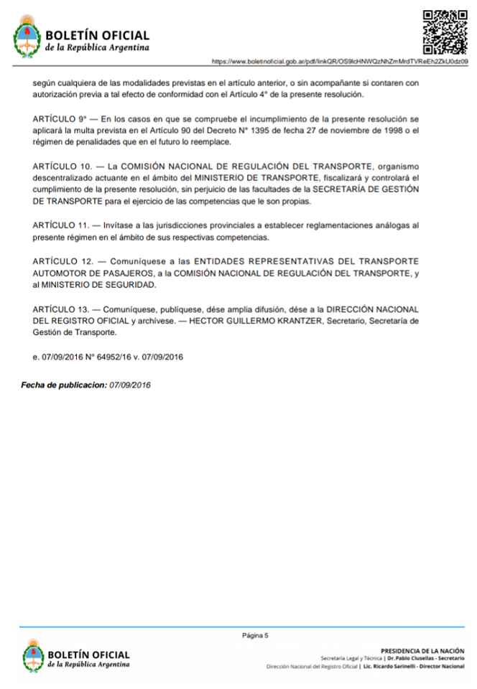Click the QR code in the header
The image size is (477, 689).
[x=445, y=33]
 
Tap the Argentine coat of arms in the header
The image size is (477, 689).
[x=27, y=39]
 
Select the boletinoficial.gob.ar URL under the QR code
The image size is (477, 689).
[x=340, y=62]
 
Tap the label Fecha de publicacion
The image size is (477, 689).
[x=63, y=385]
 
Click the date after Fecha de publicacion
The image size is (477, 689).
[x=130, y=385]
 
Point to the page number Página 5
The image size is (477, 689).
[x=255, y=635]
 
